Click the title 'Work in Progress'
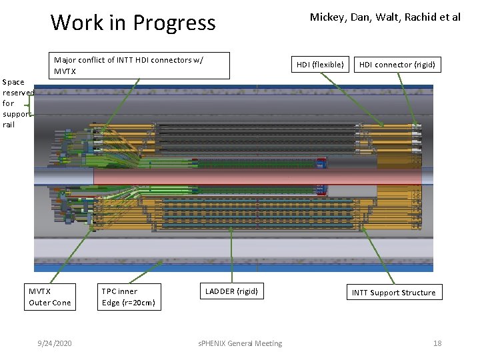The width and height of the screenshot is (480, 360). coord(133,23)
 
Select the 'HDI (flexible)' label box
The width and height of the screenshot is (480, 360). coord(320,65)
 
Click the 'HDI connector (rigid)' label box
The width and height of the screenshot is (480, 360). coord(397,65)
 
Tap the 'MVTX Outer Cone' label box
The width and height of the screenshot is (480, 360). coord(49,297)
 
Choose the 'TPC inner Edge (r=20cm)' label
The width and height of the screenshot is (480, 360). coord(129,297)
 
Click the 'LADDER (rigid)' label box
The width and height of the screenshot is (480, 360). coord(231,291)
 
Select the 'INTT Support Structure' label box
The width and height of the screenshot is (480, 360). coord(393,293)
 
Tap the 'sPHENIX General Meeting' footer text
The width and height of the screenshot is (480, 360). coord(240,343)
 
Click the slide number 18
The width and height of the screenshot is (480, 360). coord(437,343)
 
